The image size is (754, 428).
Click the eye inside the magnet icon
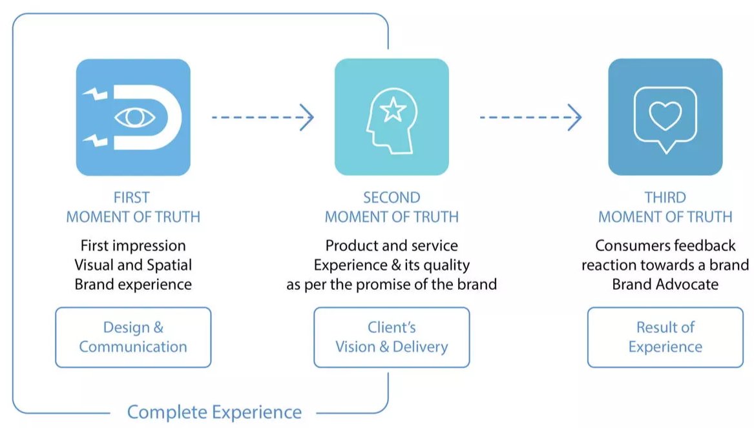point(133,117)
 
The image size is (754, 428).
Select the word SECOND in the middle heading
point(392,198)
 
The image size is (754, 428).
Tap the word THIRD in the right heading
point(665,198)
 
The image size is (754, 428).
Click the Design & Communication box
point(133,337)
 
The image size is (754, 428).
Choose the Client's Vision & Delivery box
point(392,337)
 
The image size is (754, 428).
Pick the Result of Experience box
point(665,337)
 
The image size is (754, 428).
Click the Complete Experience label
point(214,412)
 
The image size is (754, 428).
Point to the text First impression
point(133,246)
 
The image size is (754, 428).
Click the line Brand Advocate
point(665,284)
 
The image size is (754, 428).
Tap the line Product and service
point(392,246)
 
